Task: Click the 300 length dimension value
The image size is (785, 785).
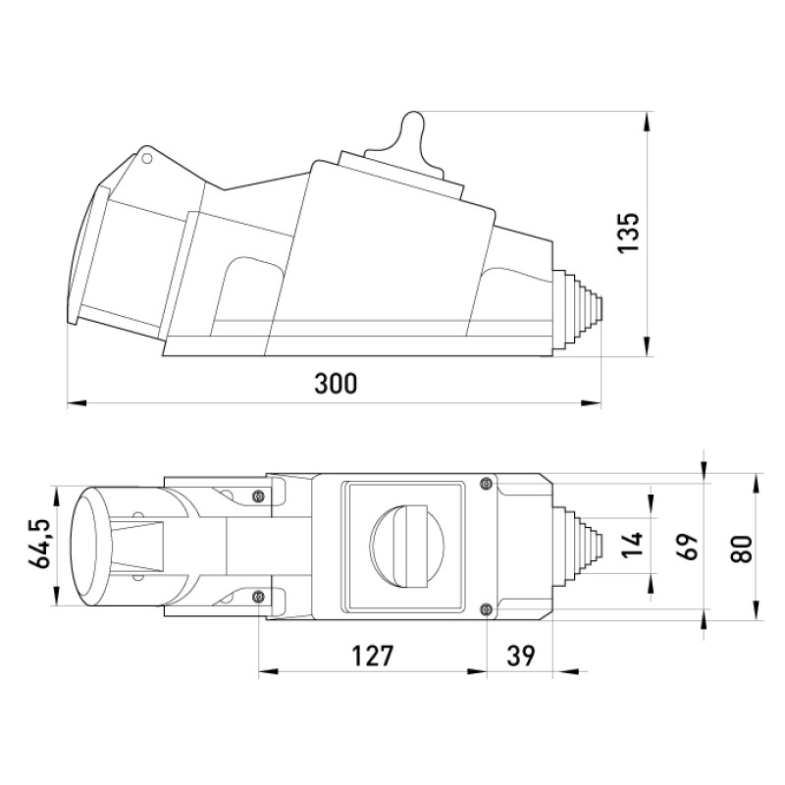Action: click(336, 384)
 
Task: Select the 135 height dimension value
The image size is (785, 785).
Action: click(629, 233)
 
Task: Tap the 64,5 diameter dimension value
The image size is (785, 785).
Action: click(39, 544)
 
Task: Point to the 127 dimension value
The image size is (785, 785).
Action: click(373, 655)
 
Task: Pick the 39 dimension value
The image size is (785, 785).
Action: click(521, 655)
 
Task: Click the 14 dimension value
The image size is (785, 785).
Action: click(631, 546)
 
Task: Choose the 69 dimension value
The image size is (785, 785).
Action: click(687, 547)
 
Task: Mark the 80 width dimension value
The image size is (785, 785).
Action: click(742, 549)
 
